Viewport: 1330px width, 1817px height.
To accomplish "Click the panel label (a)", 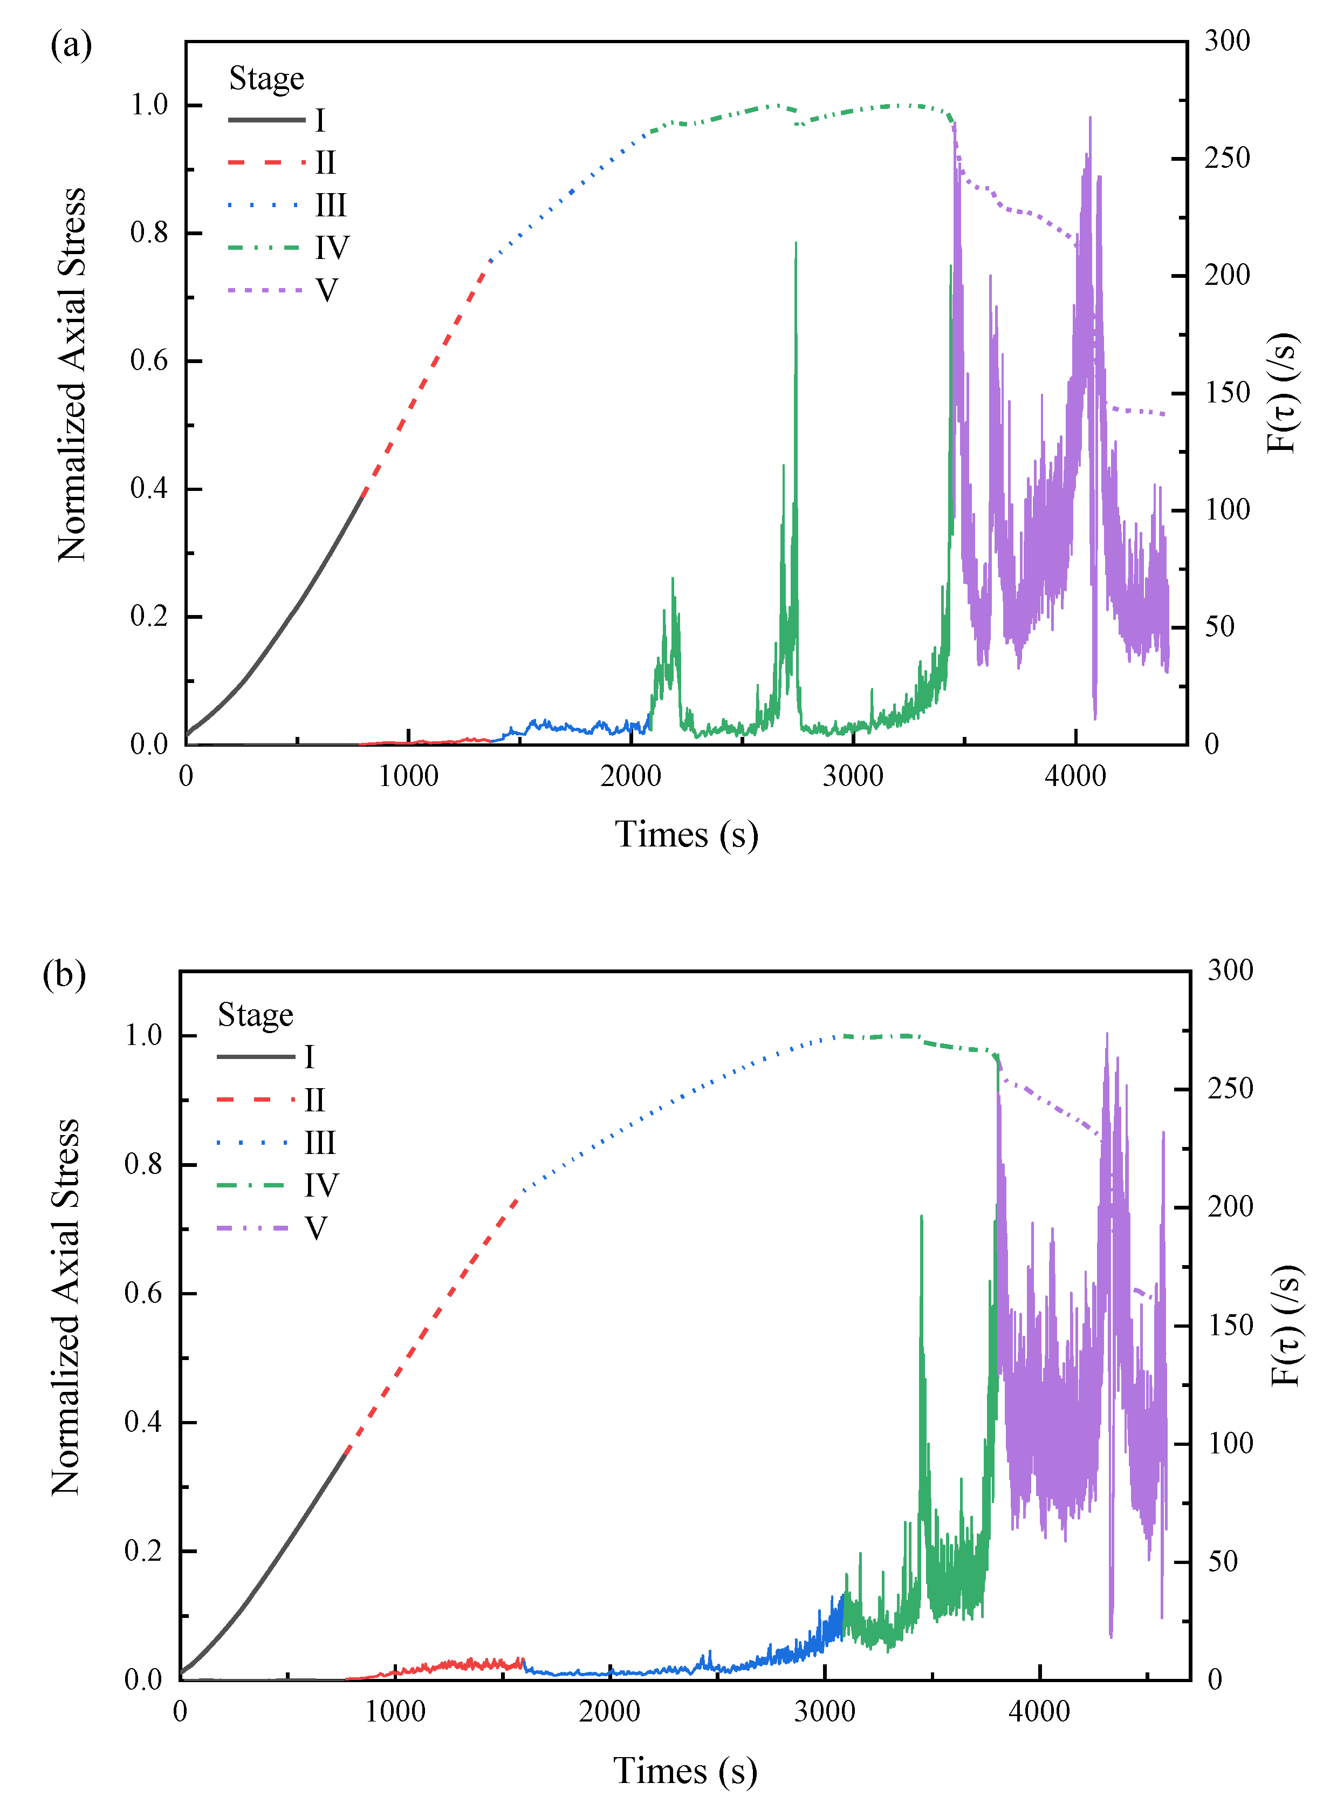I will tap(71, 45).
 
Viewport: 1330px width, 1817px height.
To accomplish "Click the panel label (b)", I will tap(64, 974).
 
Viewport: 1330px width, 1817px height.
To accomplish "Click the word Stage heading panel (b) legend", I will tap(255, 1015).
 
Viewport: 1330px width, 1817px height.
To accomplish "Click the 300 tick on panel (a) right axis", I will tap(1227, 41).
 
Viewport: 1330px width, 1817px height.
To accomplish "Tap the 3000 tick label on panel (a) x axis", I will tap(853, 776).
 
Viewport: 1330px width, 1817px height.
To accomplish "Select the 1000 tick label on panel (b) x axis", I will tap(394, 1711).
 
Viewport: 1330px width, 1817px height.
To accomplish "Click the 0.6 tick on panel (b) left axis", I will tap(143, 1294).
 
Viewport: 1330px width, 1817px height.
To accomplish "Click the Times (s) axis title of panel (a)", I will tap(686, 835).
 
